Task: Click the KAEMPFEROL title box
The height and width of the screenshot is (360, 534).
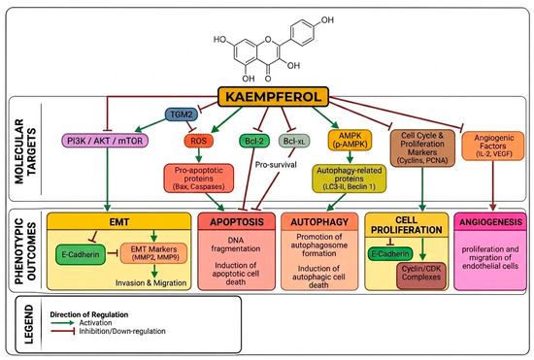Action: click(273, 97)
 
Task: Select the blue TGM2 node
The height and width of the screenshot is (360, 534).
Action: click(182, 115)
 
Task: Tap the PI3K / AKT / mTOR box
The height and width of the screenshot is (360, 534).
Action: click(105, 141)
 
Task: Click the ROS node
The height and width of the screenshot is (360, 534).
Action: click(198, 141)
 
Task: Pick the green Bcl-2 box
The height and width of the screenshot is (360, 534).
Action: click(254, 141)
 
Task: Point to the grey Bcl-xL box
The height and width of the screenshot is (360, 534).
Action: click(294, 141)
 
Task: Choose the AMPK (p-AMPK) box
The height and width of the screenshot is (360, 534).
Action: click(350, 140)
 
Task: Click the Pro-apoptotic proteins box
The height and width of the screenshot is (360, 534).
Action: click(199, 179)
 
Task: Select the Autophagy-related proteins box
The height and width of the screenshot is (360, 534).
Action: click(350, 179)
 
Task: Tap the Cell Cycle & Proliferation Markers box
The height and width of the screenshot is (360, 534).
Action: click(422, 148)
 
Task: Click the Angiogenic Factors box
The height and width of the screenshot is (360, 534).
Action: click(493, 146)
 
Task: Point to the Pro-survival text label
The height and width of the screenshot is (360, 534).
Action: click(276, 165)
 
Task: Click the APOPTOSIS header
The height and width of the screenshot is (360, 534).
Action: click(237, 222)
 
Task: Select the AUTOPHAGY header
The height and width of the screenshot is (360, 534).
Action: click(319, 222)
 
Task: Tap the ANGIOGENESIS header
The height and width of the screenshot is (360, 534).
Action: click(490, 222)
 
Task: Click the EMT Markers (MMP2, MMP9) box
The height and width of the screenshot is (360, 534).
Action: click(154, 253)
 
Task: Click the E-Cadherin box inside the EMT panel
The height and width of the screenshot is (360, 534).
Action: click(81, 254)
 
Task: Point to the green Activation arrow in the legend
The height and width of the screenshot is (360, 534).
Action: click(63, 322)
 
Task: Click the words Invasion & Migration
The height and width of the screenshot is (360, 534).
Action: click(150, 282)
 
